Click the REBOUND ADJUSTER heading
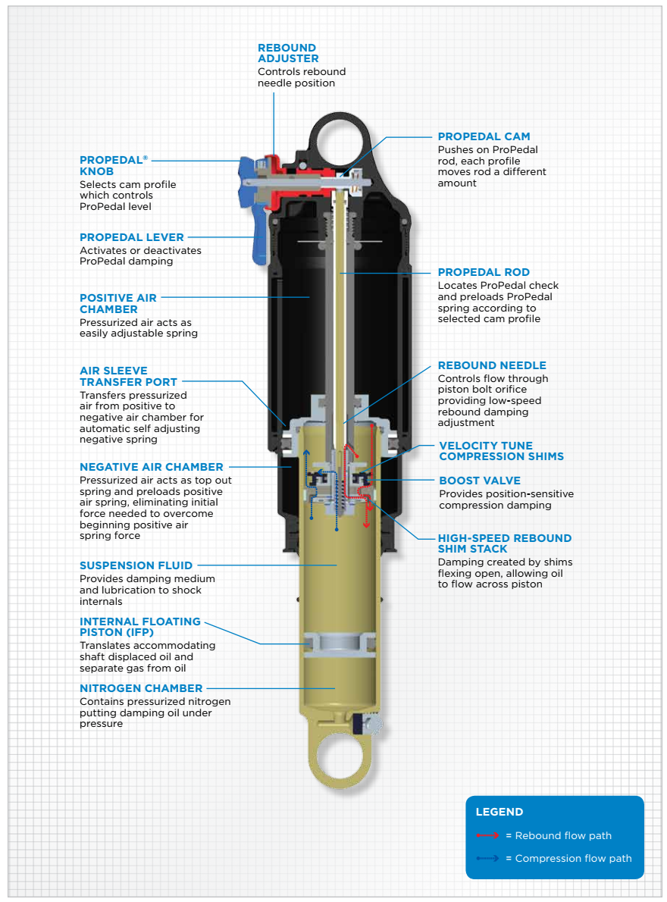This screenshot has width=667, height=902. pyautogui.click(x=287, y=53)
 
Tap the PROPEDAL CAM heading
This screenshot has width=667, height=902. pyautogui.click(x=484, y=136)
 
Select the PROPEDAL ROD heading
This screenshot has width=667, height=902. pyautogui.click(x=484, y=272)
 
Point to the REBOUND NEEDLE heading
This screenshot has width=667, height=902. pyautogui.click(x=492, y=365)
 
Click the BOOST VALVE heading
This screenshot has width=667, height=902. pyautogui.click(x=480, y=481)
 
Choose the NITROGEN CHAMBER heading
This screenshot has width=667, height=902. pyautogui.click(x=141, y=688)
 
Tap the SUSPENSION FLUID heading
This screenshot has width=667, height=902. pyautogui.click(x=136, y=565)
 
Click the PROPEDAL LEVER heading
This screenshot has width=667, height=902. pyautogui.click(x=132, y=237)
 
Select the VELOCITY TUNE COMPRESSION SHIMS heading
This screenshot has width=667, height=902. pyautogui.click(x=502, y=451)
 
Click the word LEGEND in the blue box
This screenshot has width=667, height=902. pyautogui.click(x=499, y=812)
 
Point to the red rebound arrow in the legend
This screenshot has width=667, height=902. pyautogui.click(x=487, y=835)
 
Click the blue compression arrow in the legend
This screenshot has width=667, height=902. pyautogui.click(x=487, y=858)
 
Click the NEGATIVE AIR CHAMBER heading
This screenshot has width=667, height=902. pyautogui.click(x=152, y=467)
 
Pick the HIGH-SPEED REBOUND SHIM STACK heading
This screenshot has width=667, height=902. pyautogui.click(x=504, y=543)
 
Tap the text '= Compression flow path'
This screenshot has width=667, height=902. pyautogui.click(x=568, y=858)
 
